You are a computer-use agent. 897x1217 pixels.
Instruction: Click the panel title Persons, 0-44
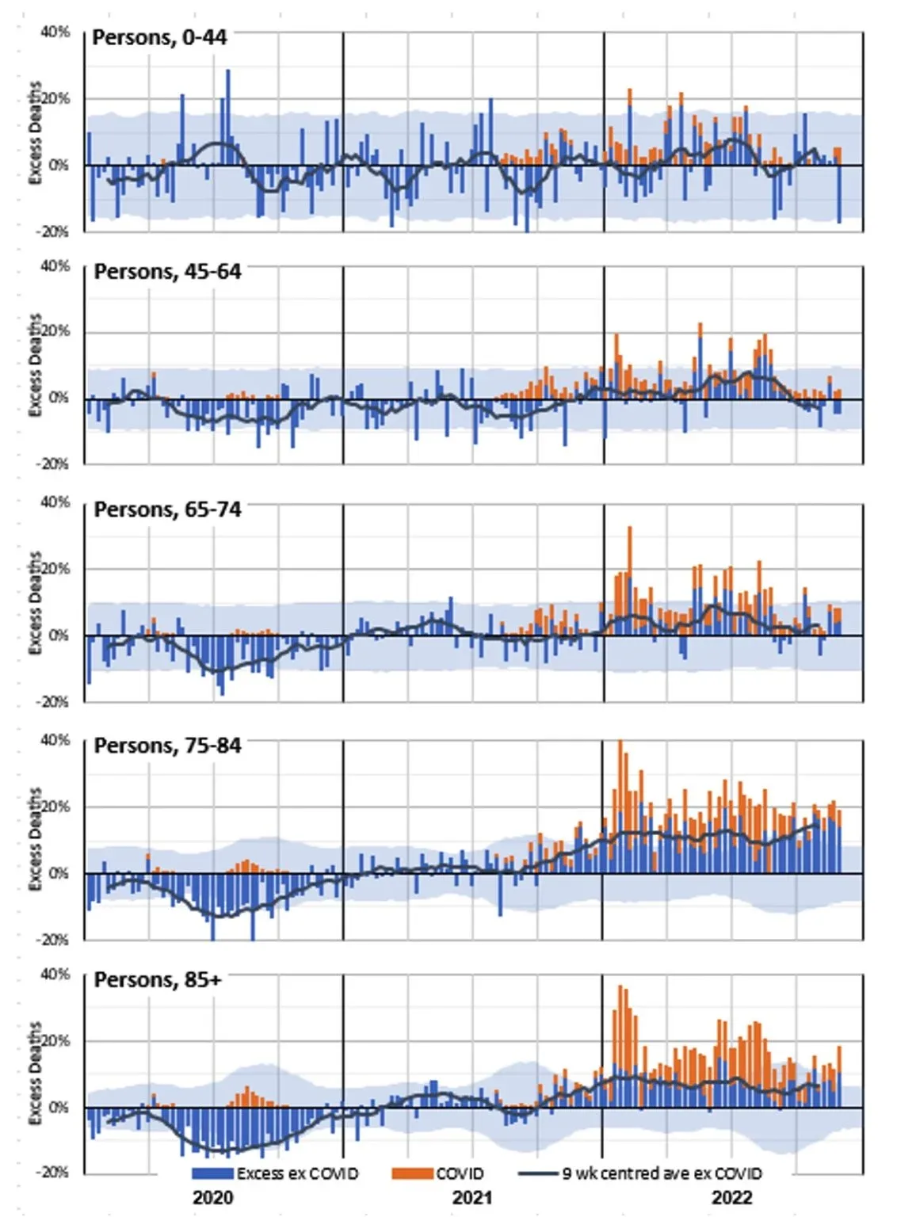[159, 37]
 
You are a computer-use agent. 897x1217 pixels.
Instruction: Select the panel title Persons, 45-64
[167, 272]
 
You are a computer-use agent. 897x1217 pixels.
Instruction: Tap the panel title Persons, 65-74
[167, 509]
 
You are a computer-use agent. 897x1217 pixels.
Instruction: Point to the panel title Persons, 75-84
[167, 746]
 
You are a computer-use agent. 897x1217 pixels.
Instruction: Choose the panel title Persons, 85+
[158, 980]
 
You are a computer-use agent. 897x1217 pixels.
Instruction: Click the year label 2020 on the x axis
[212, 1196]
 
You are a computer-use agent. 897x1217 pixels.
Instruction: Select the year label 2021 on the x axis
[472, 1196]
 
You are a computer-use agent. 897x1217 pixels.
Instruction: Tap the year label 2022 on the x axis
[731, 1196]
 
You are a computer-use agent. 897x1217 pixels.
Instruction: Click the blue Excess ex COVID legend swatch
[212, 1173]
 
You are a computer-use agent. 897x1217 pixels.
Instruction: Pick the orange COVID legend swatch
[412, 1173]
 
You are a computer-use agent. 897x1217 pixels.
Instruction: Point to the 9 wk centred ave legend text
[662, 1173]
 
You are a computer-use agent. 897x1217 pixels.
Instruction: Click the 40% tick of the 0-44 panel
[55, 32]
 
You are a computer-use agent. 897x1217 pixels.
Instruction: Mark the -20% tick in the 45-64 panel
[52, 464]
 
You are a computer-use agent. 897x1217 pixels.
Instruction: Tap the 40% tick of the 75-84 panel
[55, 740]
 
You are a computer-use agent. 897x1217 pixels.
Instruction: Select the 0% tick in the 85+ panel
[59, 1107]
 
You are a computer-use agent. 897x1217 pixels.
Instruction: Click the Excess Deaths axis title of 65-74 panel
[35, 602]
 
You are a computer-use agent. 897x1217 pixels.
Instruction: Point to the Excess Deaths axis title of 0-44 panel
[35, 132]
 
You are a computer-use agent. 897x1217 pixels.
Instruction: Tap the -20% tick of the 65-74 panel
[52, 702]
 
